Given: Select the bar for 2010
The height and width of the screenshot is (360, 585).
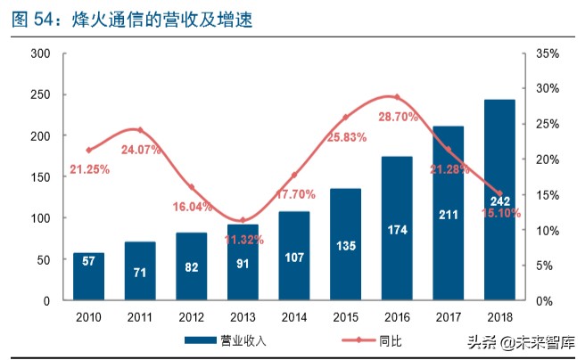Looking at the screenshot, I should (x=88, y=277).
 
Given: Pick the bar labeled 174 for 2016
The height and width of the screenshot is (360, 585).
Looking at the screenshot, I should (x=396, y=229).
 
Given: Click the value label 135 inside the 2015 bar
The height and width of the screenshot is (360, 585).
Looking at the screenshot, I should (x=345, y=246).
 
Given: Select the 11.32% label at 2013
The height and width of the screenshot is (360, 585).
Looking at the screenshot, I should (x=243, y=240).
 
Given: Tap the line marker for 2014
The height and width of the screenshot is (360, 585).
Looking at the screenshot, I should (x=293, y=176).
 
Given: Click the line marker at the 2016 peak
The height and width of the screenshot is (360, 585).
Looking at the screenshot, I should (x=396, y=97).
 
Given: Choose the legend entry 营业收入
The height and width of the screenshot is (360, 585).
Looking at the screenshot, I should (x=215, y=340).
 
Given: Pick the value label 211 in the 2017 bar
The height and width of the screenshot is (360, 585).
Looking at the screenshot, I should (x=448, y=215).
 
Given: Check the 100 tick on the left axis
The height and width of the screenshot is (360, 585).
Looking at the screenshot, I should (x=39, y=218).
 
